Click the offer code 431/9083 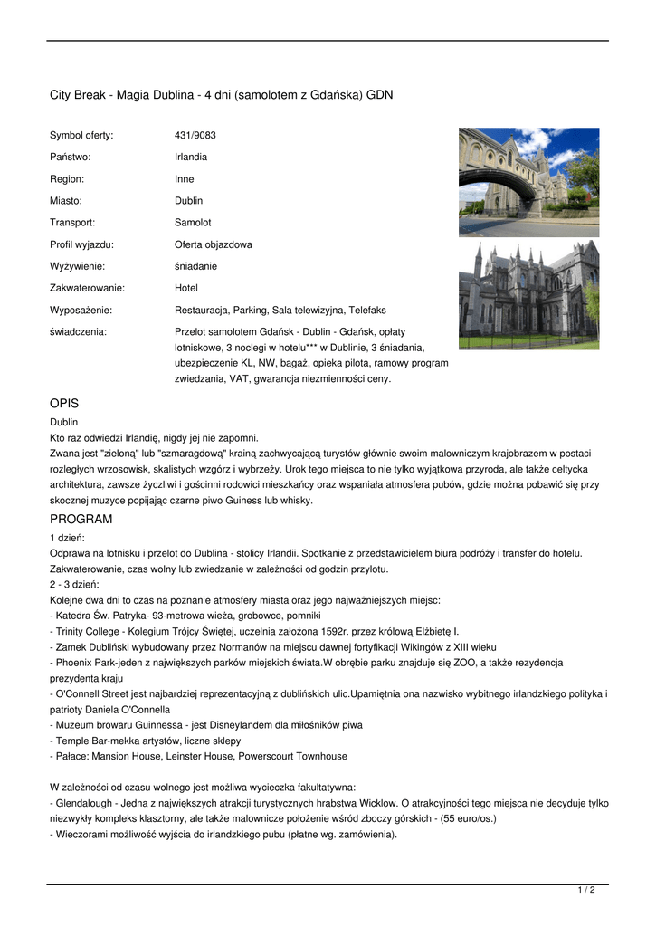pyautogui.click(x=195, y=136)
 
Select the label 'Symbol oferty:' pyautogui.click(x=81, y=136)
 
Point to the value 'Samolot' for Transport pyautogui.click(x=193, y=223)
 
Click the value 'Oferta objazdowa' pyautogui.click(x=213, y=244)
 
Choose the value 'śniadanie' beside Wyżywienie pyautogui.click(x=195, y=266)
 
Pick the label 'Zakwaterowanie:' pyautogui.click(x=87, y=288)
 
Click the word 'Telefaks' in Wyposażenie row pyautogui.click(x=366, y=310)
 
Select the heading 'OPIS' pyautogui.click(x=66, y=403)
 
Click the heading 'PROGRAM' pyautogui.click(x=81, y=519)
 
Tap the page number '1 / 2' pyautogui.click(x=586, y=891)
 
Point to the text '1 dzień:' pyautogui.click(x=66, y=537)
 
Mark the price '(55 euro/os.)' pyautogui.click(x=467, y=818)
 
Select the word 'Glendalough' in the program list pyautogui.click(x=82, y=803)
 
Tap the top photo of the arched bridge pyautogui.click(x=528, y=181)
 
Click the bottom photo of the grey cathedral pyautogui.click(x=528, y=294)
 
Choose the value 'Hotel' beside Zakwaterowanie pyautogui.click(x=186, y=288)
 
